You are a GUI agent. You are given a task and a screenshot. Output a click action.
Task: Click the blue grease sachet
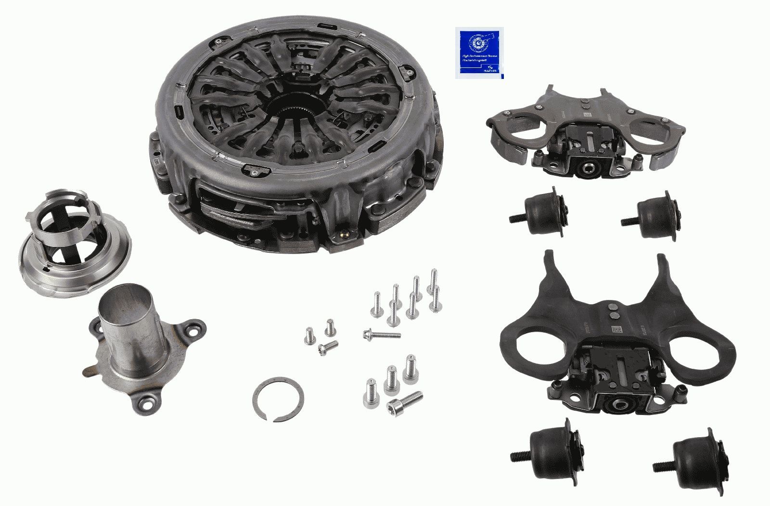click(x=479, y=53)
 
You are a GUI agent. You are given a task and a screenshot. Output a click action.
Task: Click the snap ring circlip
click(x=278, y=399)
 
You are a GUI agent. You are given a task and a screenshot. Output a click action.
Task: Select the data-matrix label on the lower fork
click(x=617, y=329)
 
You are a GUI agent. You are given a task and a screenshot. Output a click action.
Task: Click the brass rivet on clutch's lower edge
click(x=344, y=236)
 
